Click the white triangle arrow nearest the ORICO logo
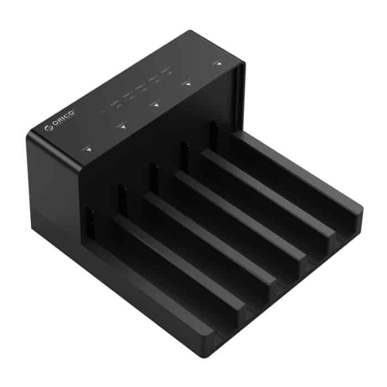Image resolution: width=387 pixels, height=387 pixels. [89, 150]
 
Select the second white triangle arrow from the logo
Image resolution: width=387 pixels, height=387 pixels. [123, 127]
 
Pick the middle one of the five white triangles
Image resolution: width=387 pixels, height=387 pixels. [156, 105]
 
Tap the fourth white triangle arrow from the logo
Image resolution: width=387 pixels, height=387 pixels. [187, 84]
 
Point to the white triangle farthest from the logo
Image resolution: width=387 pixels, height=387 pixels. [219, 64]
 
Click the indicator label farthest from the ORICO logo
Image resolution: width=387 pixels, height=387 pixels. [165, 72]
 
